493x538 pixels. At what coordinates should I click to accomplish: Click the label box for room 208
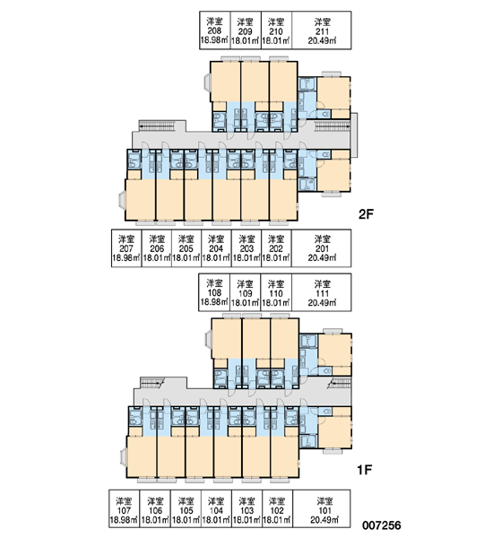click(215, 30)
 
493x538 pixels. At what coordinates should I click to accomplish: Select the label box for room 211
click(322, 30)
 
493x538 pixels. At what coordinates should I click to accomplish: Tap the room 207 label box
click(125, 248)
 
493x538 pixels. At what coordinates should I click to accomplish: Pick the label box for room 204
click(216, 248)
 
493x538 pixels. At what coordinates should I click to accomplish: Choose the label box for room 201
click(322, 248)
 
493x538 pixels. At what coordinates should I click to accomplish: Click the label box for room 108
click(214, 292)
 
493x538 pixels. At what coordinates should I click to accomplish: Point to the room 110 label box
click(276, 292)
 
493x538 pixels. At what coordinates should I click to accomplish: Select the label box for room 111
click(322, 292)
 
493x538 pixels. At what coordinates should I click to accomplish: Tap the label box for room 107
click(124, 508)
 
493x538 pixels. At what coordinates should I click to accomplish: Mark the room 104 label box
click(216, 508)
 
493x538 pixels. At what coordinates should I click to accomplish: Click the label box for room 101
click(322, 508)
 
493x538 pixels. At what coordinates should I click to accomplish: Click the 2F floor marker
click(366, 214)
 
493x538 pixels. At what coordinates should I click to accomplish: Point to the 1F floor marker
click(365, 470)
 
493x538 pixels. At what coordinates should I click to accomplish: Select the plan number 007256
click(382, 525)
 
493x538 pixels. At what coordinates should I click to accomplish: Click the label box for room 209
click(246, 30)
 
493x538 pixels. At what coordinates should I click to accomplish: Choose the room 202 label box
click(276, 248)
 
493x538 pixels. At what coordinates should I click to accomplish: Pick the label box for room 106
click(155, 508)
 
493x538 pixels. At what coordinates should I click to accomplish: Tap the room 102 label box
click(277, 508)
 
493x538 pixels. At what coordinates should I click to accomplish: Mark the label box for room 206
click(156, 248)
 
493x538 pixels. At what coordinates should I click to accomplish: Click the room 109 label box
click(246, 292)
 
